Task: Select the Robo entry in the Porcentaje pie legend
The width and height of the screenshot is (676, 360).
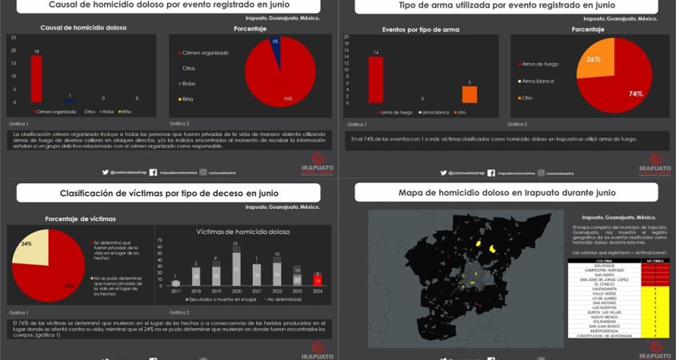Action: click(189, 83)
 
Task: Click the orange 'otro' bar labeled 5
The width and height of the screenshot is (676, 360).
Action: click(470, 94)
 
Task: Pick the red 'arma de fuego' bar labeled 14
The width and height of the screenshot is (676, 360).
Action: click(375, 80)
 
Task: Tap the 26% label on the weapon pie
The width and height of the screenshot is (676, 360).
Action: click(593, 59)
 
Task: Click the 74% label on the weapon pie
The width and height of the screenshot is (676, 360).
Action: click(635, 94)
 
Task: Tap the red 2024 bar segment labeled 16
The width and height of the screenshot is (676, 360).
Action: click(317, 281)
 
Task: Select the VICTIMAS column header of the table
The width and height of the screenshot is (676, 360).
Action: click(654, 260)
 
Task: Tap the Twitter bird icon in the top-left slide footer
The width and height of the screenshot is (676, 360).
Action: click(105, 172)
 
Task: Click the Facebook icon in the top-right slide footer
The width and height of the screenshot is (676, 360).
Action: click(490, 172)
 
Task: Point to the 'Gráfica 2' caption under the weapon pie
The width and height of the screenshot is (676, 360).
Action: click(518, 124)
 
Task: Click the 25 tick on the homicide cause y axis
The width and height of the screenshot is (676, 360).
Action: click(13, 37)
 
